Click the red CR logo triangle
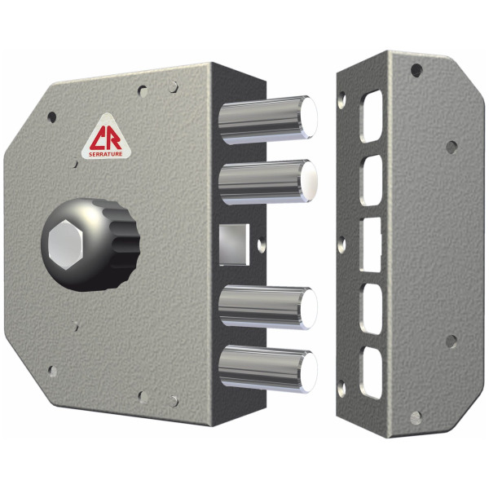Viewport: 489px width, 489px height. [x=106, y=138]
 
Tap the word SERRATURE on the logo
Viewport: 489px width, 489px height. [x=105, y=154]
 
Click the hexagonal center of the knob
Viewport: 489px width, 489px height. [x=66, y=244]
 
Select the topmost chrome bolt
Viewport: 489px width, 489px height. [x=267, y=120]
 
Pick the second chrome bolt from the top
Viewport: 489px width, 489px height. [x=267, y=183]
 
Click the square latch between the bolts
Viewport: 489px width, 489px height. [x=235, y=244]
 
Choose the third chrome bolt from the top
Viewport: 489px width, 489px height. [x=267, y=308]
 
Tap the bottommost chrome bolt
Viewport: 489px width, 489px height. [x=267, y=369]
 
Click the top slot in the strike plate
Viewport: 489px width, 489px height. [x=371, y=117]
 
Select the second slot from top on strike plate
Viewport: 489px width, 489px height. [x=371, y=180]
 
